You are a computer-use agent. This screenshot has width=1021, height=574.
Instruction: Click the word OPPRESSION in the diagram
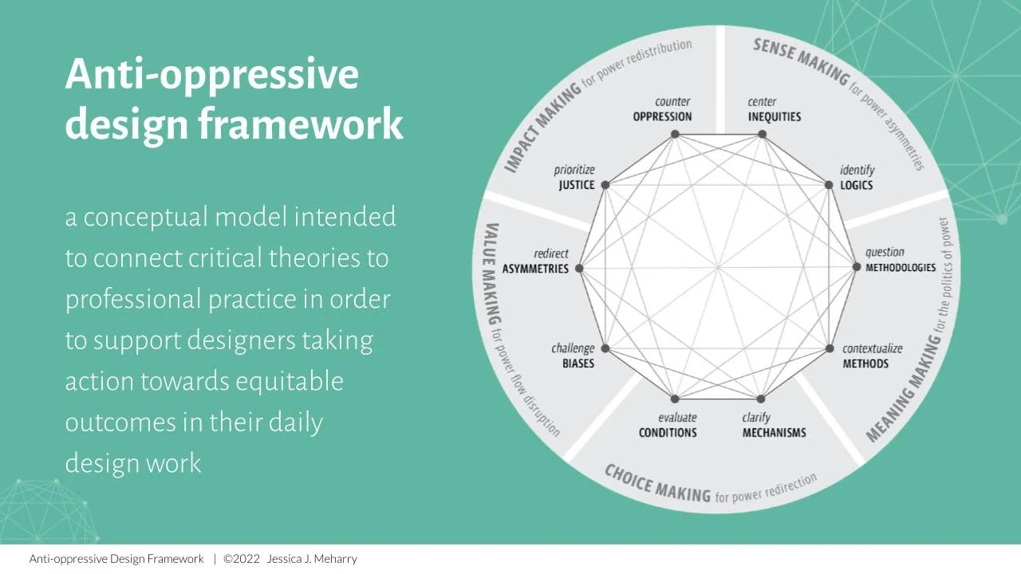pyautogui.click(x=662, y=116)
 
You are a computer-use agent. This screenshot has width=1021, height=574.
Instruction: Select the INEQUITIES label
pyautogui.click(x=774, y=116)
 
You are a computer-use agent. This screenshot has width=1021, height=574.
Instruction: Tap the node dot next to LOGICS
pyautogui.click(x=829, y=185)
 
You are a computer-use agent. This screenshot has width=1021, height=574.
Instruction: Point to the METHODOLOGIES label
pyautogui.click(x=901, y=268)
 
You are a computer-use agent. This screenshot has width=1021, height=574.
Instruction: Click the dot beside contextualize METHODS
pyautogui.click(x=830, y=348)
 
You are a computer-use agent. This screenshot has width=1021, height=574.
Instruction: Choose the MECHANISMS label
pyautogui.click(x=774, y=433)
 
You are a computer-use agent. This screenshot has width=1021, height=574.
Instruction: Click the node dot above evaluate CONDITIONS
pyautogui.click(x=675, y=399)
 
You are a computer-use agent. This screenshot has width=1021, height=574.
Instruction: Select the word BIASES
pyautogui.click(x=577, y=364)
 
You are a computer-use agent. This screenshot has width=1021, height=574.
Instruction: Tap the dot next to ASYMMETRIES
pyautogui.click(x=580, y=269)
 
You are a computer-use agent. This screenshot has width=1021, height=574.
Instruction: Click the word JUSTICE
pyautogui.click(x=576, y=185)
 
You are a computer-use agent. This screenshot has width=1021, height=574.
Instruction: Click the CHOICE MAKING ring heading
pyautogui.click(x=657, y=483)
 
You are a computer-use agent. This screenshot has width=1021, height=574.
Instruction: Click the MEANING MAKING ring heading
pyautogui.click(x=904, y=390)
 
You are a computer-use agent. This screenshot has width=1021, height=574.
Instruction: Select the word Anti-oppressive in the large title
pyautogui.click(x=211, y=74)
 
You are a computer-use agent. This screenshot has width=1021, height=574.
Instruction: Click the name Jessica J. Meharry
pyautogui.click(x=312, y=559)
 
